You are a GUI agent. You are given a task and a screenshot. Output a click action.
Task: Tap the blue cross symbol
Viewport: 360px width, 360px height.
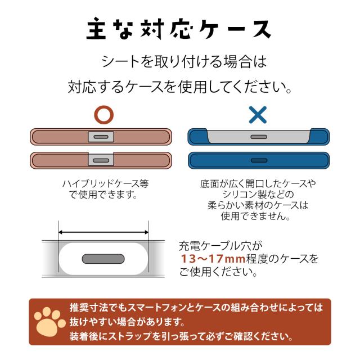258,115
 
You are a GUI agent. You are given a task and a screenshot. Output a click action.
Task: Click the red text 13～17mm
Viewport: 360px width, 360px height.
211,259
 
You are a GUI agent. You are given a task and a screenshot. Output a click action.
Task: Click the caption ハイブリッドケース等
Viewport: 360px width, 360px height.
105,184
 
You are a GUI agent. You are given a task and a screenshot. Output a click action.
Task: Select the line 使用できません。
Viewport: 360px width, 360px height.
257,216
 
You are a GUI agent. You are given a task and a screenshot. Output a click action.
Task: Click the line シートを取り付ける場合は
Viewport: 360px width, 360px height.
179,60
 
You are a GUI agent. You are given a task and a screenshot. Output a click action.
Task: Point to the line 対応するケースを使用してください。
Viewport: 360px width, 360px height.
179,88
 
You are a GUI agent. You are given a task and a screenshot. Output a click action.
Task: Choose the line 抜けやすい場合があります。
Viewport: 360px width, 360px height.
127,322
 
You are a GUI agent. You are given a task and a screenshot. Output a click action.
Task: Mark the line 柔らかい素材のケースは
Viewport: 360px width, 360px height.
257,205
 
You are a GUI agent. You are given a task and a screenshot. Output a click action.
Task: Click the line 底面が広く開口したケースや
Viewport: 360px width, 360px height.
258,184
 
